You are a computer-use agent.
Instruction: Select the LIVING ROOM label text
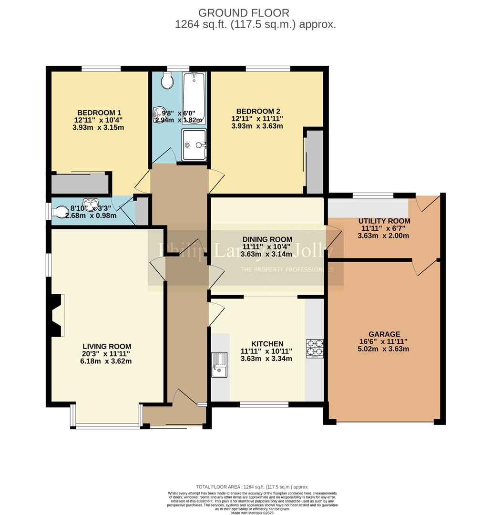[107, 346]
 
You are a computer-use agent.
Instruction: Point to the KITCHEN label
[267, 343]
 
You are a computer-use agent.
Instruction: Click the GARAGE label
[384, 334]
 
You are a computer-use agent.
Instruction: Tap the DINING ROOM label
[267, 239]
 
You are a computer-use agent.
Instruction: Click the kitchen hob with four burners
[315, 347]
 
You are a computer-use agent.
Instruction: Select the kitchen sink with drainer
[220, 365]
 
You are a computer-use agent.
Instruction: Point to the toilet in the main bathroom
[167, 81]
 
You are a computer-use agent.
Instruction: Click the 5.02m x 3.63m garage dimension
[384, 349]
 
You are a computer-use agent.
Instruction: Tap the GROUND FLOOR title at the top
[244, 13]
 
